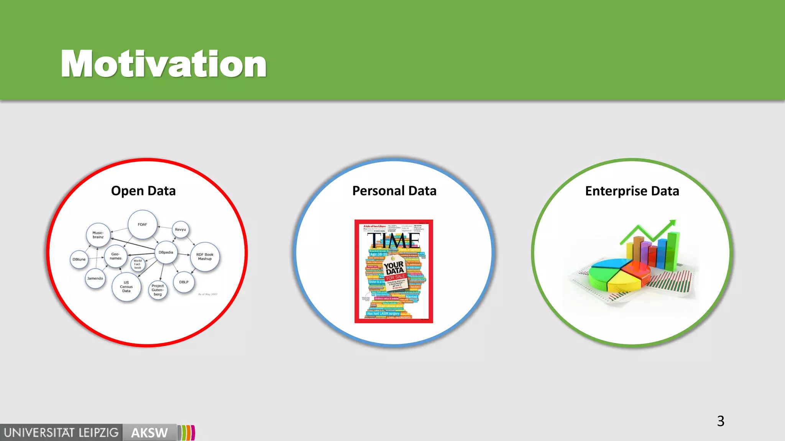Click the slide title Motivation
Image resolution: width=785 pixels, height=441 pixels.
(x=164, y=64)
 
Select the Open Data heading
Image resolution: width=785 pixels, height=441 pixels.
(x=143, y=191)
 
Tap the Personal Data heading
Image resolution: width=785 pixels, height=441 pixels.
(x=394, y=191)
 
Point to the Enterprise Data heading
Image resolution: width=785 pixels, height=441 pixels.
(x=632, y=191)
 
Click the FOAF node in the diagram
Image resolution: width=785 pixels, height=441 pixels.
(x=142, y=224)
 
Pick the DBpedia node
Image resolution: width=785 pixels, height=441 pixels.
(x=166, y=252)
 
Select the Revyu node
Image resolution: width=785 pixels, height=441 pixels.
(x=180, y=230)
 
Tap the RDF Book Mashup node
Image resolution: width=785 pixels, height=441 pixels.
(x=205, y=256)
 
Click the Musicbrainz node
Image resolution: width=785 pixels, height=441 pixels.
(x=98, y=235)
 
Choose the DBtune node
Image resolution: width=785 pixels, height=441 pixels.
(x=79, y=259)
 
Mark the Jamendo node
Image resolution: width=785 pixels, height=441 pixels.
(x=95, y=278)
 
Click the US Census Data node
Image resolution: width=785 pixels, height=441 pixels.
(x=126, y=287)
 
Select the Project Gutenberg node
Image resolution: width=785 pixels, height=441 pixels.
(x=158, y=290)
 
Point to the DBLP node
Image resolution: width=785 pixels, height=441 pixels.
(x=184, y=282)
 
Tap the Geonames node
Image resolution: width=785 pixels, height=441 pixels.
(x=115, y=256)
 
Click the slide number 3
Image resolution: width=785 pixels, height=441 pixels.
(x=721, y=421)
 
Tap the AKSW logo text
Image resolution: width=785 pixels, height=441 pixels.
(x=149, y=433)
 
